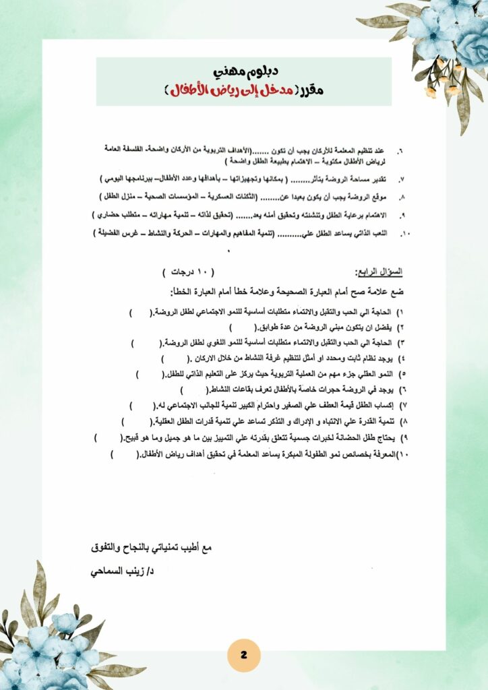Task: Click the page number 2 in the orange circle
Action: (243, 655)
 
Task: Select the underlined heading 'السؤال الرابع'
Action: (379, 272)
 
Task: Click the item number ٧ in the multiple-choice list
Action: (401, 180)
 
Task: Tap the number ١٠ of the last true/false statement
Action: (403, 455)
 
